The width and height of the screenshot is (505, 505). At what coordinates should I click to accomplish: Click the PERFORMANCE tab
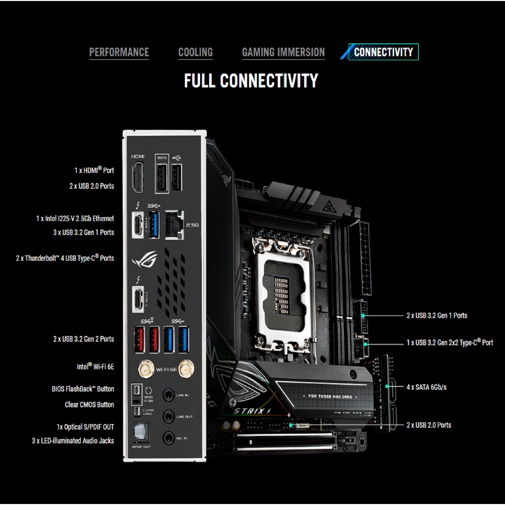point(119,52)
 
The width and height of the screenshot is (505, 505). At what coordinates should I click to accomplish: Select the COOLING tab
point(195,52)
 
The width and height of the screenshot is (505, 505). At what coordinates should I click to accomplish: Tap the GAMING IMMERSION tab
point(283,52)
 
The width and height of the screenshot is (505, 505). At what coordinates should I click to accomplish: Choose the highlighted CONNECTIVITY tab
point(383,52)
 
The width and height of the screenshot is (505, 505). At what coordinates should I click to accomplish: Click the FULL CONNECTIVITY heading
point(251,81)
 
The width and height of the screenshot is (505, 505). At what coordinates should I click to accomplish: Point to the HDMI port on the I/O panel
point(138,177)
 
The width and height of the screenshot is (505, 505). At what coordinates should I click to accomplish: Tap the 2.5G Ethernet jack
point(174,224)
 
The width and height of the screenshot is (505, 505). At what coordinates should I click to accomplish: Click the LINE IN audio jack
point(169,395)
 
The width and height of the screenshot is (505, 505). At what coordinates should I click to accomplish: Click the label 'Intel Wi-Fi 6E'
point(95,367)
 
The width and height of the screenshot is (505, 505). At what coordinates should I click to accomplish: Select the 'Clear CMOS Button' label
point(89,404)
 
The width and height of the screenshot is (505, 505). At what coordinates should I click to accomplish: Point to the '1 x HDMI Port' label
point(94,170)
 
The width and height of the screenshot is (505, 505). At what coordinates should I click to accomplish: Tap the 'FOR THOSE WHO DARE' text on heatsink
point(333,396)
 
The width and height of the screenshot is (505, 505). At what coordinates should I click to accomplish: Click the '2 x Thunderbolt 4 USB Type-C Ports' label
point(65,258)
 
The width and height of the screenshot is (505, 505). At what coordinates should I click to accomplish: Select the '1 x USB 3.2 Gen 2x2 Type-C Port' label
point(449,342)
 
